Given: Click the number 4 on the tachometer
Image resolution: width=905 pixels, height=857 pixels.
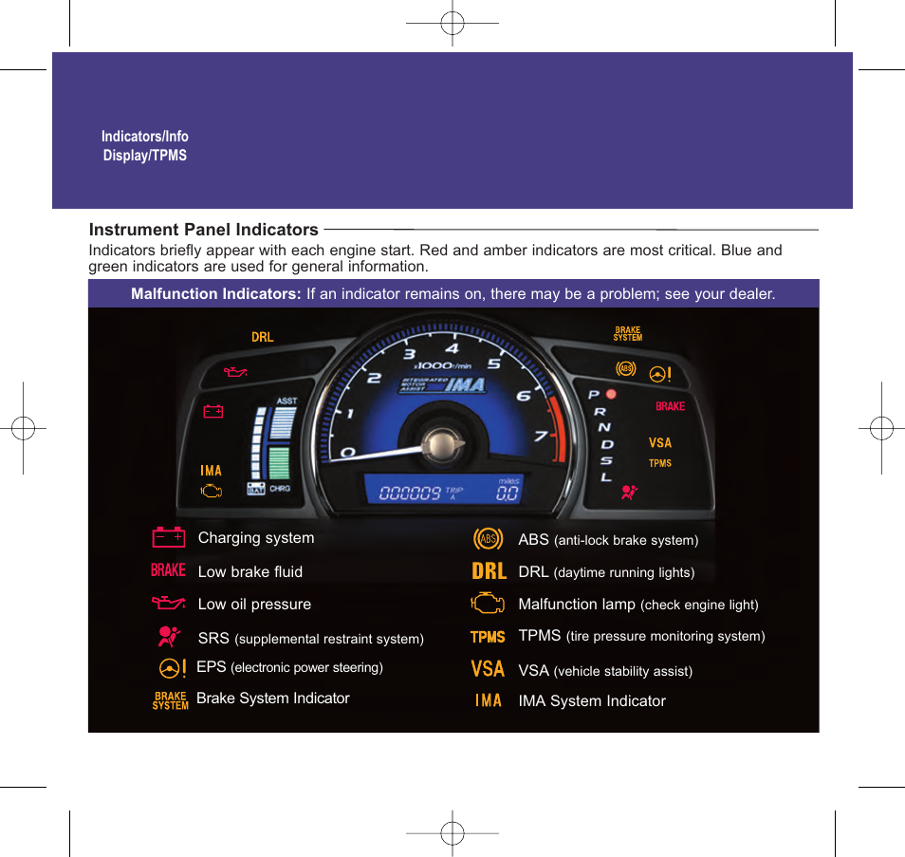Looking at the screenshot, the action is click(452, 348).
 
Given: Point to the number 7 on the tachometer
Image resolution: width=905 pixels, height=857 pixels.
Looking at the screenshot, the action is click(540, 436).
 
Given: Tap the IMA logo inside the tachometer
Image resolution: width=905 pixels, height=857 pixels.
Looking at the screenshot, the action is click(443, 385).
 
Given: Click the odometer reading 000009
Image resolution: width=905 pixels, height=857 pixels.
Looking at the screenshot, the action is click(410, 493).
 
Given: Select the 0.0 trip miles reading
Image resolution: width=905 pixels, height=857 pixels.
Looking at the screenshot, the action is click(508, 493).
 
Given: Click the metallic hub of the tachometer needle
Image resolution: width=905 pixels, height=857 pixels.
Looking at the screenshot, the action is click(442, 445).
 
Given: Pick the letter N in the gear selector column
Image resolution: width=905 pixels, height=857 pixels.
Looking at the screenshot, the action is click(603, 427).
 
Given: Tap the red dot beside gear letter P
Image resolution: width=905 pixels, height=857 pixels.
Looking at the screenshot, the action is click(611, 394).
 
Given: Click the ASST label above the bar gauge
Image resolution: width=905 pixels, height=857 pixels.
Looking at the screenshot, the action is click(286, 401).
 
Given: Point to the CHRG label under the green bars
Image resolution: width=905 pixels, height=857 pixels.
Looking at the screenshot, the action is click(280, 489).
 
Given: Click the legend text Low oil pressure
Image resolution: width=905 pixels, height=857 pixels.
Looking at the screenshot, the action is click(254, 604).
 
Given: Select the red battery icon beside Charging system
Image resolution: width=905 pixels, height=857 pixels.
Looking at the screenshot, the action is click(169, 537).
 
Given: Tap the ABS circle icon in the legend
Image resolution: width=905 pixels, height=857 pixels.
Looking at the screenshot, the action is click(489, 539).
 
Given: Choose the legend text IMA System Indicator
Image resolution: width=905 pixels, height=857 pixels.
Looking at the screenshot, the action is click(592, 701).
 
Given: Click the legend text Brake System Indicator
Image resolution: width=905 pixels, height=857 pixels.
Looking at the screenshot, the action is click(273, 699).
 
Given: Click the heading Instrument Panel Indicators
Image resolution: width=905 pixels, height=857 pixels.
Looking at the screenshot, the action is click(204, 230).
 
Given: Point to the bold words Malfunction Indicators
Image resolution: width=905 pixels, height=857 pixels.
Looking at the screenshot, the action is click(216, 293).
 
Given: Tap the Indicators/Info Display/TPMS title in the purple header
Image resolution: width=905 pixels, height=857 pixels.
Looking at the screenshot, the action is click(145, 145).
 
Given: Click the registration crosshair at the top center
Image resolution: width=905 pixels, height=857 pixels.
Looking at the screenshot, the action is click(452, 23).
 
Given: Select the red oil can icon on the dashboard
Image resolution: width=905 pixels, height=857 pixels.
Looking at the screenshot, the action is click(235, 372).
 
